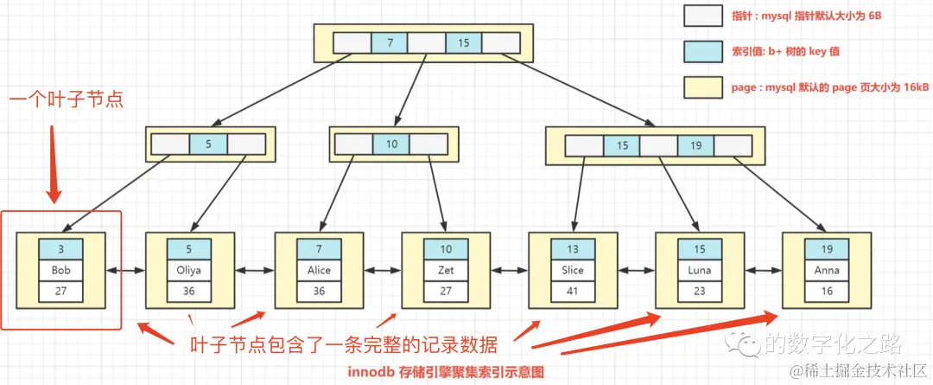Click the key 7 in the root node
pyautogui.click(x=390, y=42)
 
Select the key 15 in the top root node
pyautogui.click(x=464, y=42)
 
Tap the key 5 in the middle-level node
pyautogui.click(x=207, y=144)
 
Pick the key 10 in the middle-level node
pyautogui.click(x=391, y=144)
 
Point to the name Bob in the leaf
pyautogui.click(x=60, y=270)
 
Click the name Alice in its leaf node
pyautogui.click(x=319, y=270)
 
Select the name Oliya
pyautogui.click(x=189, y=270)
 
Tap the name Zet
pyautogui.click(x=446, y=270)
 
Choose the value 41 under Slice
pyautogui.click(x=573, y=292)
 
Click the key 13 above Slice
pyautogui.click(x=573, y=249)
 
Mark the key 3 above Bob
pyautogui.click(x=60, y=249)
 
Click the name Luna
pyautogui.click(x=700, y=270)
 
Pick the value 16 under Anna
pyautogui.click(x=827, y=292)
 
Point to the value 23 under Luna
pyautogui.click(x=700, y=292)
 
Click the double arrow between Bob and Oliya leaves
pyautogui.click(x=124, y=271)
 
